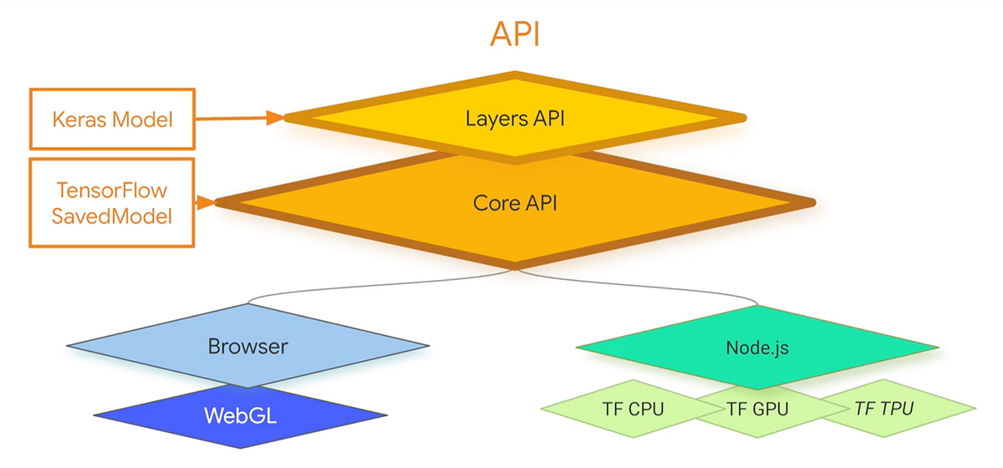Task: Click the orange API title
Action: coord(515,33)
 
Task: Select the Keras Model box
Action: coord(112,119)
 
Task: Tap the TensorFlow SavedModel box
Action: coord(112,202)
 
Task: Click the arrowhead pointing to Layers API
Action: coord(275,118)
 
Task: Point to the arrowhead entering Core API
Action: coord(206,202)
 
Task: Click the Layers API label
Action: coord(515,119)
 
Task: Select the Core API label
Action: coord(515,203)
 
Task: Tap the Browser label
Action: coord(248,346)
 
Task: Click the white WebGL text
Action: coord(241,415)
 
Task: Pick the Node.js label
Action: coord(757,348)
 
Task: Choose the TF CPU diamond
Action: coord(633,409)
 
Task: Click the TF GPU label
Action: coord(757,409)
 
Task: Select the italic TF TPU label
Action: coord(884,409)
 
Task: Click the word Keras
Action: coord(79,120)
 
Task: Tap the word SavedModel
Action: coord(112,216)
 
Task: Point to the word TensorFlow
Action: coord(112,191)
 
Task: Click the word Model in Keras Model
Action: coord(142,120)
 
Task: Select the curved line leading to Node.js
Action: coord(640,285)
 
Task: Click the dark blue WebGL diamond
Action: coord(241,415)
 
